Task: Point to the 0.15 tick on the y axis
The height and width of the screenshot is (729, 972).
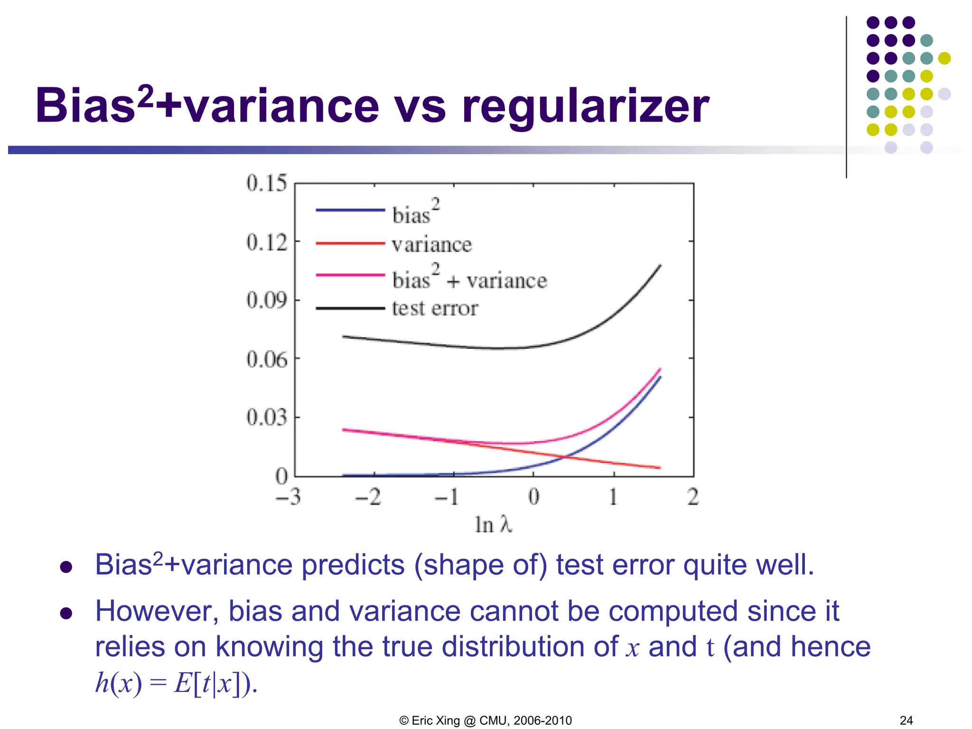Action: click(267, 183)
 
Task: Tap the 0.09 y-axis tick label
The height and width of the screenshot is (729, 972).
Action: click(267, 300)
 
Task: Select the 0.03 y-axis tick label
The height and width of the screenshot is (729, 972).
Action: click(267, 417)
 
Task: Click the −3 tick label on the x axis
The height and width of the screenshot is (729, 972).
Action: click(288, 497)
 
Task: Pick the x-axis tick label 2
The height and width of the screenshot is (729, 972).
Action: click(692, 497)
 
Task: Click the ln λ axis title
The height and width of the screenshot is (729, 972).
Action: click(493, 525)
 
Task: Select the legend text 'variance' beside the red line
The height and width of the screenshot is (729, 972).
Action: click(432, 245)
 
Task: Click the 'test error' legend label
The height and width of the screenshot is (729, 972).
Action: click(435, 308)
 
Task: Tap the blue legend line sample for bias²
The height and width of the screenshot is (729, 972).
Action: click(350, 209)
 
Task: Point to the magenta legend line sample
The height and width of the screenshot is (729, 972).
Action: click(350, 275)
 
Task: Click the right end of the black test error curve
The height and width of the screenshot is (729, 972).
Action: click(660, 266)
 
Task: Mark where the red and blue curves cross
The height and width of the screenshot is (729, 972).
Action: click(565, 457)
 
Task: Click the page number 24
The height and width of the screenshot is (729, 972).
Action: click(906, 720)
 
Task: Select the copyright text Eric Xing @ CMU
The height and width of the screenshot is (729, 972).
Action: click(486, 720)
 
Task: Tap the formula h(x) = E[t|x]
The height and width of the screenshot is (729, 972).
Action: click(176, 684)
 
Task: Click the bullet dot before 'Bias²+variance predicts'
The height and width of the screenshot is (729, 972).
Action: click(66, 567)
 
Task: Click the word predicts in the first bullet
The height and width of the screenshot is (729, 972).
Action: click(353, 565)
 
